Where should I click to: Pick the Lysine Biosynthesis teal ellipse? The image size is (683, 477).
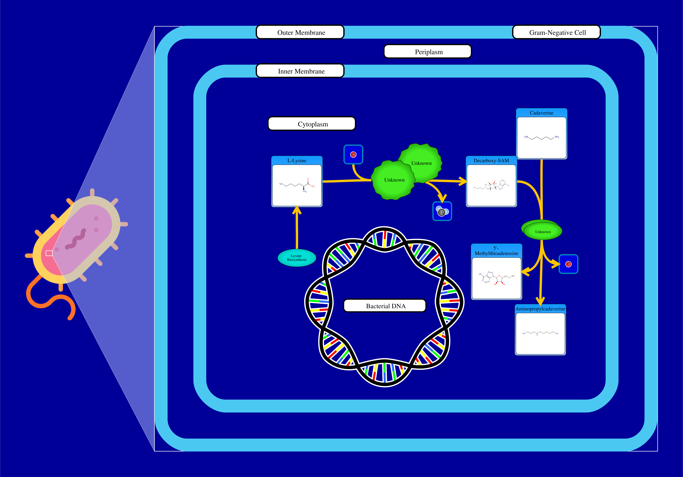pos(297,258)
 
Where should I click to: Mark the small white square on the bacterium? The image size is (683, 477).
pos(49,253)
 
